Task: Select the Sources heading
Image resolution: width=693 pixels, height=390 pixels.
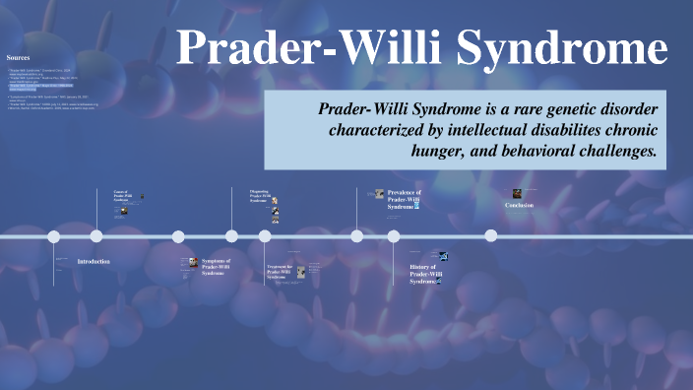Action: tap(18, 58)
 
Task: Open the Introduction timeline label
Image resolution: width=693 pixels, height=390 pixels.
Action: tap(94, 262)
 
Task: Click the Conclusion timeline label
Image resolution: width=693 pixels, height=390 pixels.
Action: tap(519, 205)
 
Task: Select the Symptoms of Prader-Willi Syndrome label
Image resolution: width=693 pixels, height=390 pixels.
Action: tap(216, 267)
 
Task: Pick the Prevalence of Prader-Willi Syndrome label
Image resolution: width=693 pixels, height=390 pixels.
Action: tap(404, 199)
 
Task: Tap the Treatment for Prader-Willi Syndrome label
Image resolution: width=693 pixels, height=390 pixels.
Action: tap(279, 272)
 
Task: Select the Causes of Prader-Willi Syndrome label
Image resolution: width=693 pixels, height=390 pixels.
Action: tap(124, 196)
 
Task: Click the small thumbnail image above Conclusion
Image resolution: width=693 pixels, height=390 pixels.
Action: tap(517, 194)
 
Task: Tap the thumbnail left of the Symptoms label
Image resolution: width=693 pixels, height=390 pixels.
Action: tap(194, 263)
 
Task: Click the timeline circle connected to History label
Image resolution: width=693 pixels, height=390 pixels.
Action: tap(394, 236)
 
